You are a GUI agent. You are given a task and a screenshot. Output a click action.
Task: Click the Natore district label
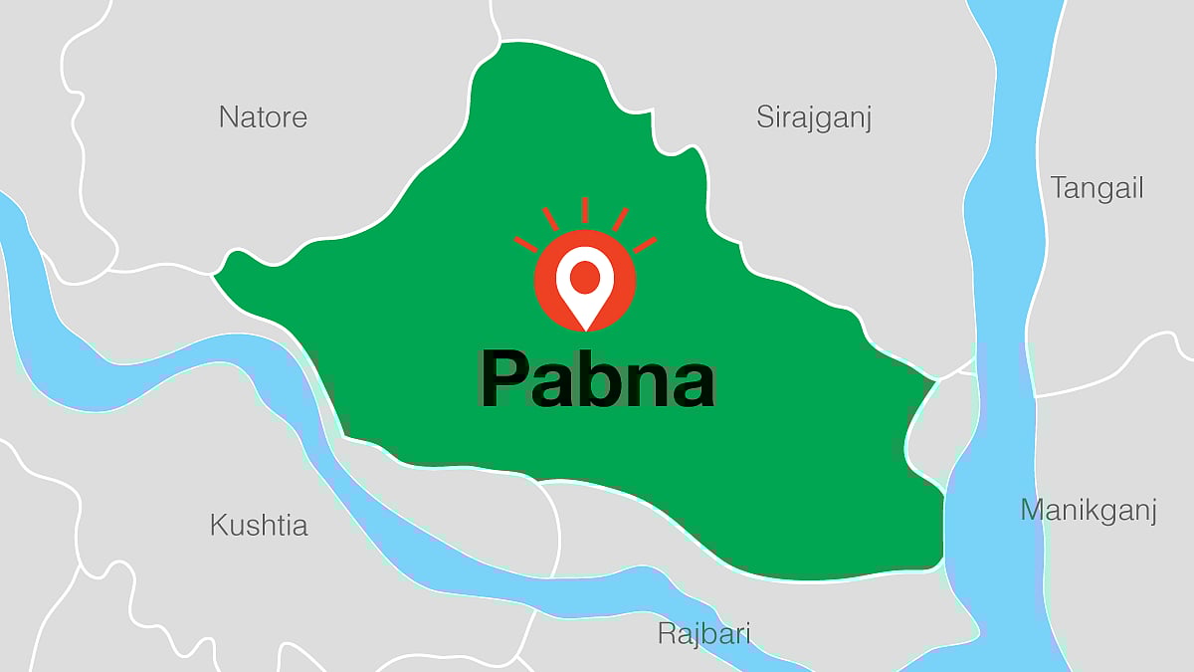pyautogui.click(x=263, y=117)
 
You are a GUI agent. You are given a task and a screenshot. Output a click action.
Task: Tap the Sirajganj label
pyautogui.click(x=814, y=118)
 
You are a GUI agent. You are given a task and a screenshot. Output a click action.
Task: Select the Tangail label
pyautogui.click(x=1097, y=189)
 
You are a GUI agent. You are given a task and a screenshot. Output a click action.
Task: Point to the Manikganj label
pyautogui.click(x=1089, y=512)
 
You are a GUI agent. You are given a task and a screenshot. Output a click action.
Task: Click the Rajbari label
pyautogui.click(x=703, y=633)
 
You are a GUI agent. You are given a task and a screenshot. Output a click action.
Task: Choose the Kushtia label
pyautogui.click(x=259, y=526)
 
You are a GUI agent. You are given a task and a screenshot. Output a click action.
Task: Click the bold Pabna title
pyautogui.click(x=597, y=379)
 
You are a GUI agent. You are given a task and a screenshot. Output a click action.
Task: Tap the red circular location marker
pyautogui.click(x=585, y=281)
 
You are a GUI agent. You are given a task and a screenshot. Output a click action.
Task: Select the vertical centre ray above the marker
pyautogui.click(x=585, y=210)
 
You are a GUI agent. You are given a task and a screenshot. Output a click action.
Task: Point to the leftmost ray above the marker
pyautogui.click(x=526, y=244)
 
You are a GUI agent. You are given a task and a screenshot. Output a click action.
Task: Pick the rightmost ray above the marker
pyautogui.click(x=645, y=244)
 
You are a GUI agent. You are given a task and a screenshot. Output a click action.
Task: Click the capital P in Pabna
pyautogui.click(x=503, y=379)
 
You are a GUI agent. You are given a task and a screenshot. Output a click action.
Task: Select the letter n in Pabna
pyautogui.click(x=646, y=384)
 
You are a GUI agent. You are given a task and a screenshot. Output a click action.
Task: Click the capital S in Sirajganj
pyautogui.click(x=765, y=117)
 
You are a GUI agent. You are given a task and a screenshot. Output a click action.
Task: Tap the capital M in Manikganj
pyautogui.click(x=1033, y=511)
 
